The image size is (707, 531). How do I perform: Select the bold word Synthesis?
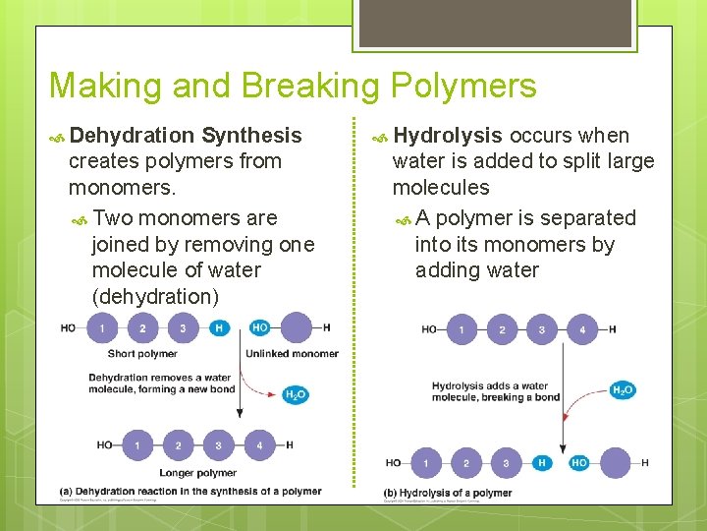(251, 135)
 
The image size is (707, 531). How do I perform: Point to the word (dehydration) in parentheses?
(155, 296)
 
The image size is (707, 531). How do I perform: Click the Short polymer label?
(142, 354)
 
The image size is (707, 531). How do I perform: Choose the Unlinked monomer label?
(292, 354)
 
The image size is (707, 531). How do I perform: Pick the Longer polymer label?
(199, 473)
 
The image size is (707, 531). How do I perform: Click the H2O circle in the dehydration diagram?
(295, 394)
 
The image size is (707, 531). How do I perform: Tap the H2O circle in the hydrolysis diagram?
(622, 390)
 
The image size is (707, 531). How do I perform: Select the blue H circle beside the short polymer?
(219, 327)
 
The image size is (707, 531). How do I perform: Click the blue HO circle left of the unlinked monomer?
(259, 327)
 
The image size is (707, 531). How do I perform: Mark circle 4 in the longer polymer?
(259, 445)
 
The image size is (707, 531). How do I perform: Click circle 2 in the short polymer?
(142, 327)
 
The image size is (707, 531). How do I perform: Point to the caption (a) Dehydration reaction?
(190, 492)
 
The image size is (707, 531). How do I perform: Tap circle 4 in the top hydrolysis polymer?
(581, 329)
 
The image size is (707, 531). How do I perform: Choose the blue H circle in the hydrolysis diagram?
(542, 462)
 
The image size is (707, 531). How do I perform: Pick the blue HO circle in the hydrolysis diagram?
(578, 462)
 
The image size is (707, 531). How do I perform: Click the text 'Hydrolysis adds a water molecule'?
(489, 391)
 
